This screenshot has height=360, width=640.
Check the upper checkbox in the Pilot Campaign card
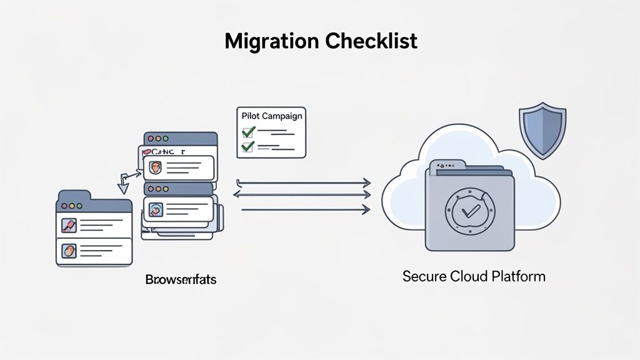point(248,132)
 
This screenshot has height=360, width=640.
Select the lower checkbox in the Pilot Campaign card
point(248,147)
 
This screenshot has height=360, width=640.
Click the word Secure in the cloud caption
point(424,276)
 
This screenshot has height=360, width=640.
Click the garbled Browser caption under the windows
point(181,279)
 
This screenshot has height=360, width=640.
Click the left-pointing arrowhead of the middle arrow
point(237,195)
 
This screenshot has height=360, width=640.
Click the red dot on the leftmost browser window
point(64,205)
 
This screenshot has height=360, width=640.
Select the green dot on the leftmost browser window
point(79,205)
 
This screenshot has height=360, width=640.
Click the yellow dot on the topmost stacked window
point(158,139)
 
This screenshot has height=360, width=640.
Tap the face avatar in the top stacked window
point(154,167)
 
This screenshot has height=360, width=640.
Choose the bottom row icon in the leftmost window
point(68,251)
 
